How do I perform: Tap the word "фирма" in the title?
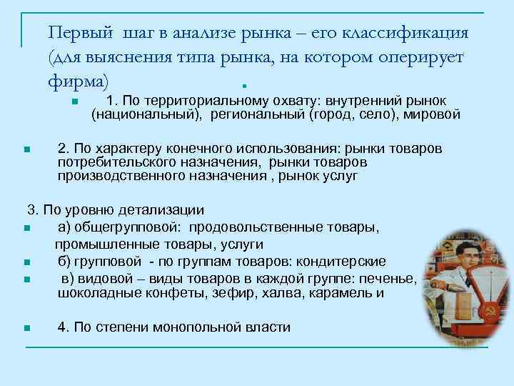coord(76,81)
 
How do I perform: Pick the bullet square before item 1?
coord(74,102)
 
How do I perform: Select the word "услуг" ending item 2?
coord(338,175)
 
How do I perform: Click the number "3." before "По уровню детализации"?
coord(33,210)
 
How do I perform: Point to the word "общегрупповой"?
coord(119,227)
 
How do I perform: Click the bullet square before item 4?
coord(26,329)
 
